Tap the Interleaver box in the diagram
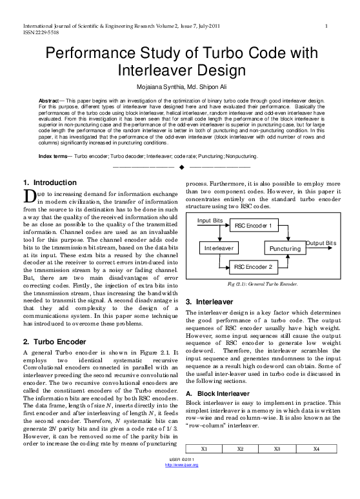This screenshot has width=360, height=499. (219, 248)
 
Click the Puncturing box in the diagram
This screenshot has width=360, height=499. (284, 248)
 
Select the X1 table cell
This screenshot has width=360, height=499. (203, 466)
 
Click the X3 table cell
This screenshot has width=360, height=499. (279, 466)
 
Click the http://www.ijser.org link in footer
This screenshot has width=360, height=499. (180, 493)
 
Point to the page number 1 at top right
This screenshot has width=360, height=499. (328, 26)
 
